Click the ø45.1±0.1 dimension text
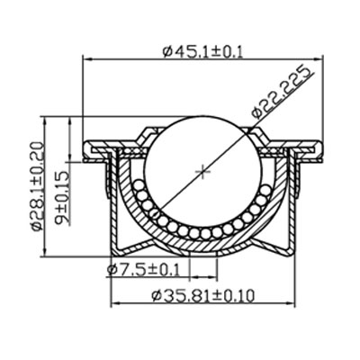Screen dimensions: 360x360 point(202,51)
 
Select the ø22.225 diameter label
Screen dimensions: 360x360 point(283,92)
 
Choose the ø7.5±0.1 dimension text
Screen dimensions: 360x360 point(144,268)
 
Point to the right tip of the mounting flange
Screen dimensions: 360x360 point(321,147)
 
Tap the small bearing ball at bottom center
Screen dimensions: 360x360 point(204,233)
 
